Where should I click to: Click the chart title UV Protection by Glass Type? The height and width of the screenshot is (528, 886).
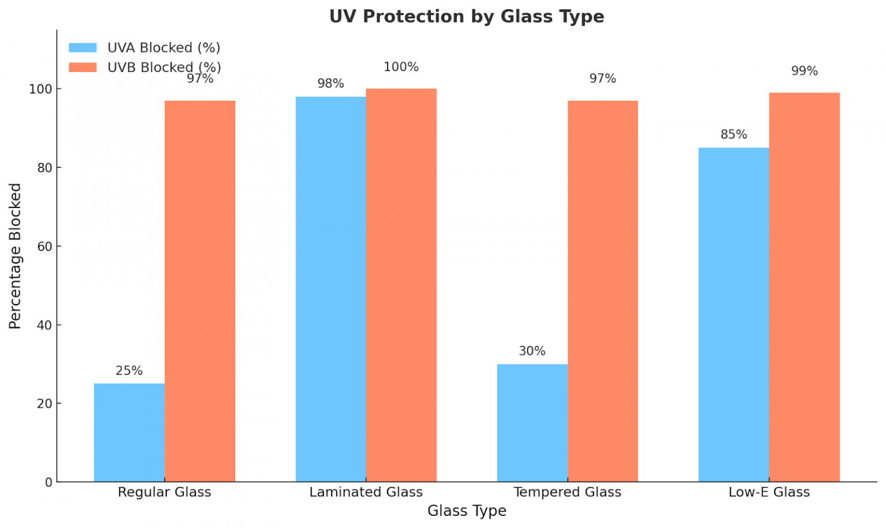[x=466, y=16]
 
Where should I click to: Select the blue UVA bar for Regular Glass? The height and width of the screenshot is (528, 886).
[x=129, y=432]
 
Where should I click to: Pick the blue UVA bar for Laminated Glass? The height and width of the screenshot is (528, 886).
[x=331, y=289]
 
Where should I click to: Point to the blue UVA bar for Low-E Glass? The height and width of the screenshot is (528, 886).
[x=733, y=314]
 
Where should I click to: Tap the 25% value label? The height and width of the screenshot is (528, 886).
[x=129, y=371]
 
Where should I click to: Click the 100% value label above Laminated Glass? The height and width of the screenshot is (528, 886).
[x=401, y=67]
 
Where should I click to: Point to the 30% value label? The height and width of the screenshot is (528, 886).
[x=532, y=351]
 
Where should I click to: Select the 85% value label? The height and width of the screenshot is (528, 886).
[x=733, y=134]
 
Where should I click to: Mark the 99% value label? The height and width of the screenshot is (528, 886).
[x=804, y=71]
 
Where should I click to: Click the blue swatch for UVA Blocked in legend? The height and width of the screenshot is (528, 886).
[x=82, y=48]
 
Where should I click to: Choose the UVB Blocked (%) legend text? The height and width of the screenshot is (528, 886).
[x=164, y=67]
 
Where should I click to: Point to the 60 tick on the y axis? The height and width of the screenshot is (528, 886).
[x=44, y=247]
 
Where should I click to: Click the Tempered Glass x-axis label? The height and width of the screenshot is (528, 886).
[x=567, y=492]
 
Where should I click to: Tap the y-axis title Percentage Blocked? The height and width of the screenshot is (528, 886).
[x=15, y=256]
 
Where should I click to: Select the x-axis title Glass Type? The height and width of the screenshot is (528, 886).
[x=466, y=511]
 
